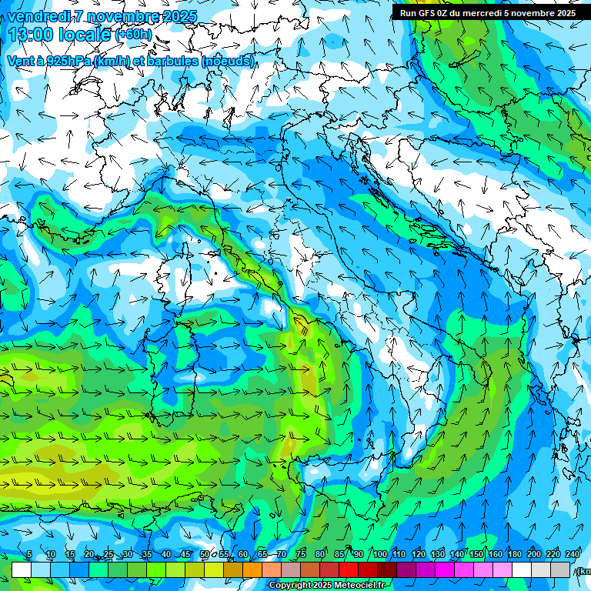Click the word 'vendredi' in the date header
[x=35, y=16]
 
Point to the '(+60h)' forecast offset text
[x=133, y=35]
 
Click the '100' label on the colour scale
[x=379, y=554]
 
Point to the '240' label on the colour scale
[x=572, y=554]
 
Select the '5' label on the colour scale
[x=28, y=554]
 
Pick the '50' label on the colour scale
[x=204, y=554]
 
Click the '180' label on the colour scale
[x=513, y=554]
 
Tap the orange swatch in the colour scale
[x=252, y=569]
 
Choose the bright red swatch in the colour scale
[x=349, y=569]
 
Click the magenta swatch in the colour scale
[x=445, y=569]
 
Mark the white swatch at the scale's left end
[x=22, y=569]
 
